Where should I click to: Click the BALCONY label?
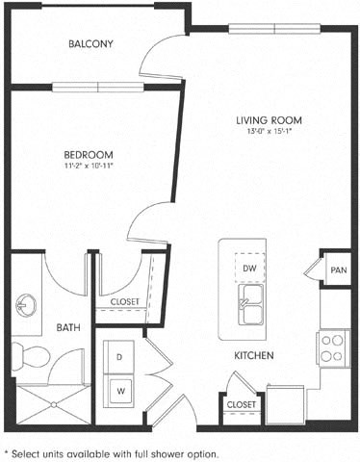[91, 44]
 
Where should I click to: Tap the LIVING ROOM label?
[270, 120]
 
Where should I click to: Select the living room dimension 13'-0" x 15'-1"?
[270, 132]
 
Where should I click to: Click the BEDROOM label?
[90, 154]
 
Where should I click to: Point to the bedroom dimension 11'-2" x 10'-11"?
[90, 166]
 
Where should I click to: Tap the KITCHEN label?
[254, 355]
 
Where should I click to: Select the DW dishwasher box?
[248, 268]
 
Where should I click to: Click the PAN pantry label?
[338, 270]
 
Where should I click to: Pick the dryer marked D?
[121, 357]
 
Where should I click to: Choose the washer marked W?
[121, 391]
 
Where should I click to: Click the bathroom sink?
[24, 307]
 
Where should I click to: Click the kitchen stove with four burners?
[333, 347]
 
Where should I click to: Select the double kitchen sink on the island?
[248, 304]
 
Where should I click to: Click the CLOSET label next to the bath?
[124, 301]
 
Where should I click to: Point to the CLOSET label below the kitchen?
[241, 405]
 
